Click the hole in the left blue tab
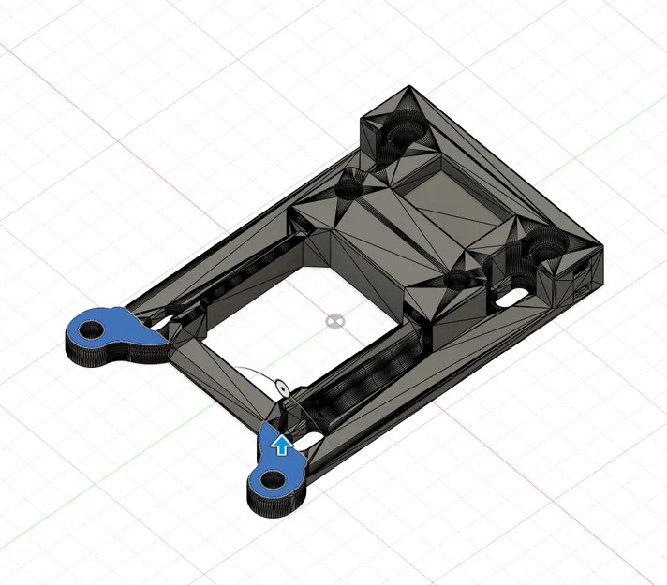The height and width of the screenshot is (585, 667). [94, 329]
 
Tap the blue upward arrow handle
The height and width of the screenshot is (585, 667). [279, 444]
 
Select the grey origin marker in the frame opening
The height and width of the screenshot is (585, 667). [333, 321]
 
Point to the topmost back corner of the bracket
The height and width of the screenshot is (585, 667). [408, 87]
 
